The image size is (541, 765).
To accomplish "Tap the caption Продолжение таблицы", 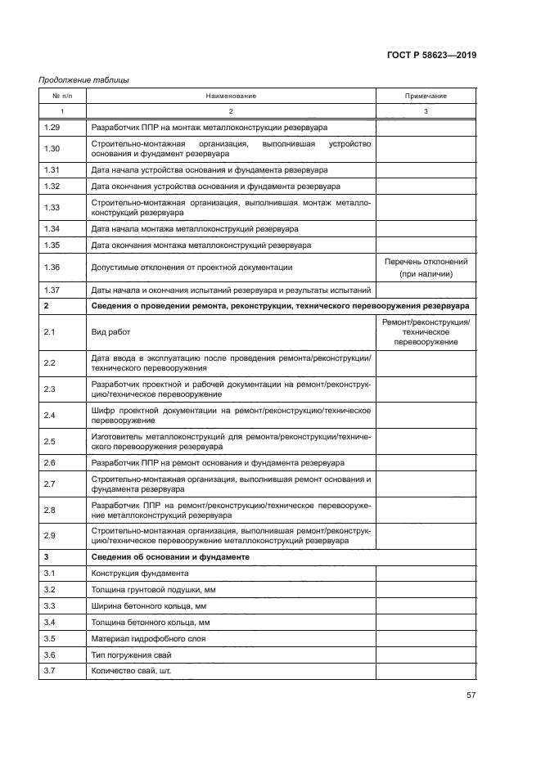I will click(x=83, y=80).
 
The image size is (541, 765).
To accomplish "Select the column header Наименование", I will click(x=231, y=96).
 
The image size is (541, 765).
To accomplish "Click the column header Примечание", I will click(x=426, y=96).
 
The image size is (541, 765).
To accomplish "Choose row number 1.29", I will click(x=52, y=128).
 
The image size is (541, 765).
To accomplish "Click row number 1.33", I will click(x=52, y=208).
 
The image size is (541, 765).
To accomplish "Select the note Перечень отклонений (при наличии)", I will click(x=426, y=268).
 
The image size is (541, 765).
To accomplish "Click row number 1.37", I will click(x=52, y=290).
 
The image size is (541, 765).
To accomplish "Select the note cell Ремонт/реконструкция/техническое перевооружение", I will click(x=426, y=332).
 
